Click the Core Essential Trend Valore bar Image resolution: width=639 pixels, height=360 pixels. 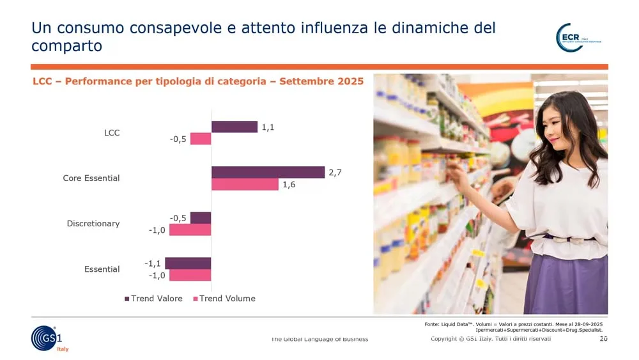tap(268, 172)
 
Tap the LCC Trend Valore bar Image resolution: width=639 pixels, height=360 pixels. tap(234, 127)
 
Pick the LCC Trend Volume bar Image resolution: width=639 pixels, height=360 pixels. tap(201, 139)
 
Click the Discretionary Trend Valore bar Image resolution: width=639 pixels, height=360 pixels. tap(201, 217)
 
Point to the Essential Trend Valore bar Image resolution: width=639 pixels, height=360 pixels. tap(188, 263)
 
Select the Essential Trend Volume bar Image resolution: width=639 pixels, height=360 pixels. tap(190, 275)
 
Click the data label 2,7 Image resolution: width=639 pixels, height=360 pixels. tap(335, 173)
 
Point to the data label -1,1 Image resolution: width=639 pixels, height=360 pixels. tap(152, 263)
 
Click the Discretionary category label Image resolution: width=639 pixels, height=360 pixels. tap(93, 224)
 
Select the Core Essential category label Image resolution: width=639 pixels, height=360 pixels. tap(91, 178)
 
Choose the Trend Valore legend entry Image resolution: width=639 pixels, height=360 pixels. tap(153, 299)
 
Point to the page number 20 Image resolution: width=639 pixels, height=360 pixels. tap(603, 338)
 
